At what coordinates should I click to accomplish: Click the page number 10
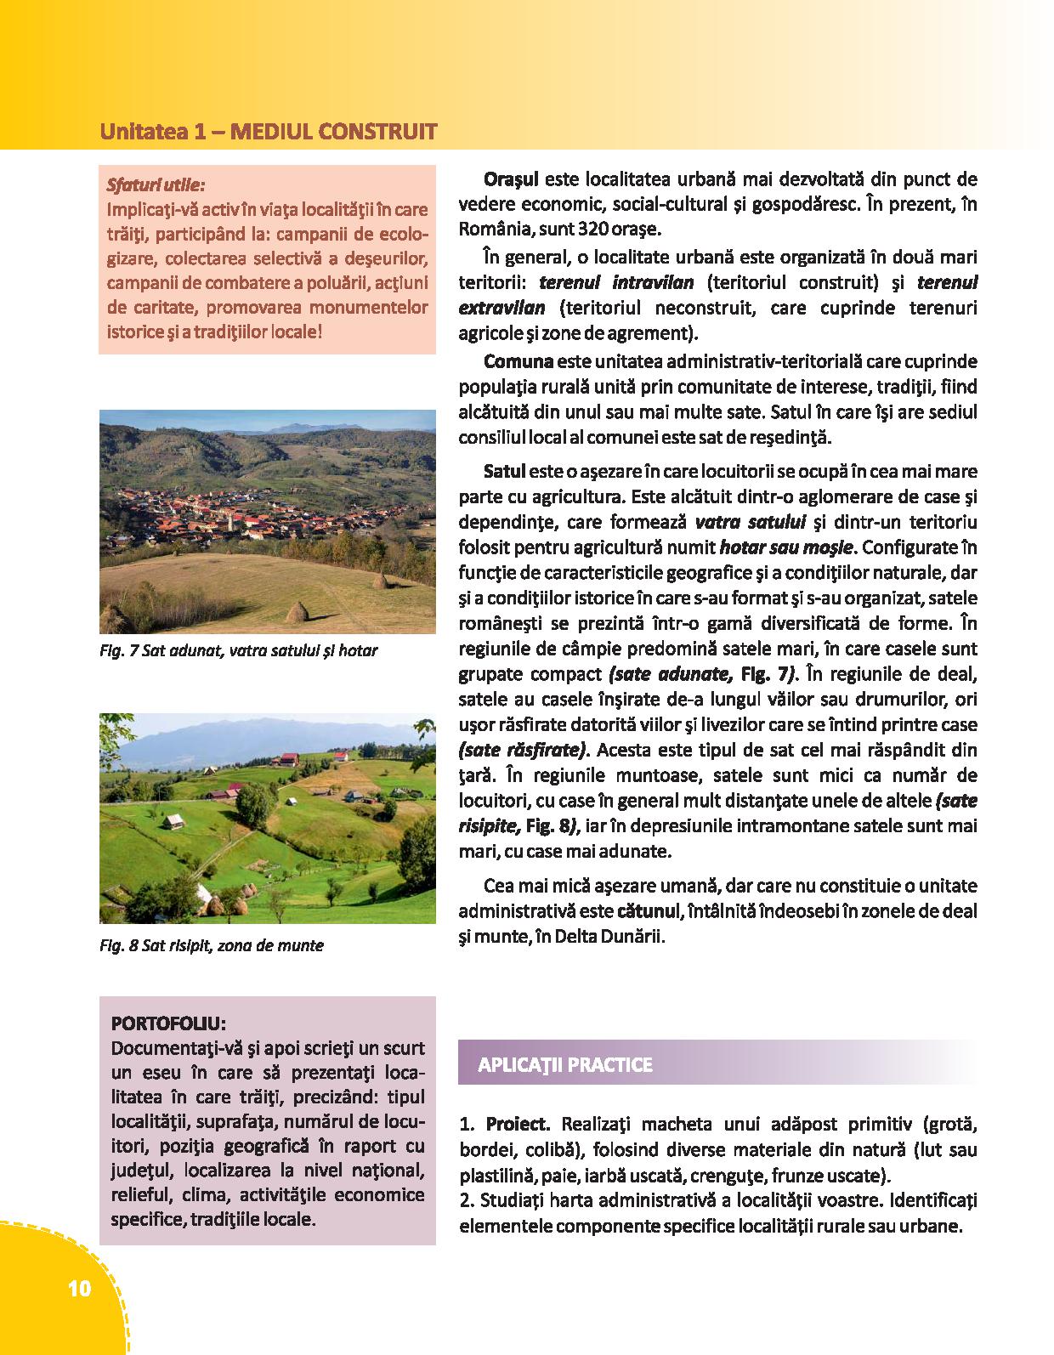77,1289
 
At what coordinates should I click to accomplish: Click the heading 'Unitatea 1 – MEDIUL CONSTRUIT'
269,132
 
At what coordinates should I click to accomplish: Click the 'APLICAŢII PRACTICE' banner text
565,1064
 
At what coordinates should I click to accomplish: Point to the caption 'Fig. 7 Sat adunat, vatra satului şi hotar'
238,651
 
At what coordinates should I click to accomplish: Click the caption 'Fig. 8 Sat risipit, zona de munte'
212,945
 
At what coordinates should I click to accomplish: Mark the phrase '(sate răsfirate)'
523,751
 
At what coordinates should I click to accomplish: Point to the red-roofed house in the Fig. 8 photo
289,758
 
